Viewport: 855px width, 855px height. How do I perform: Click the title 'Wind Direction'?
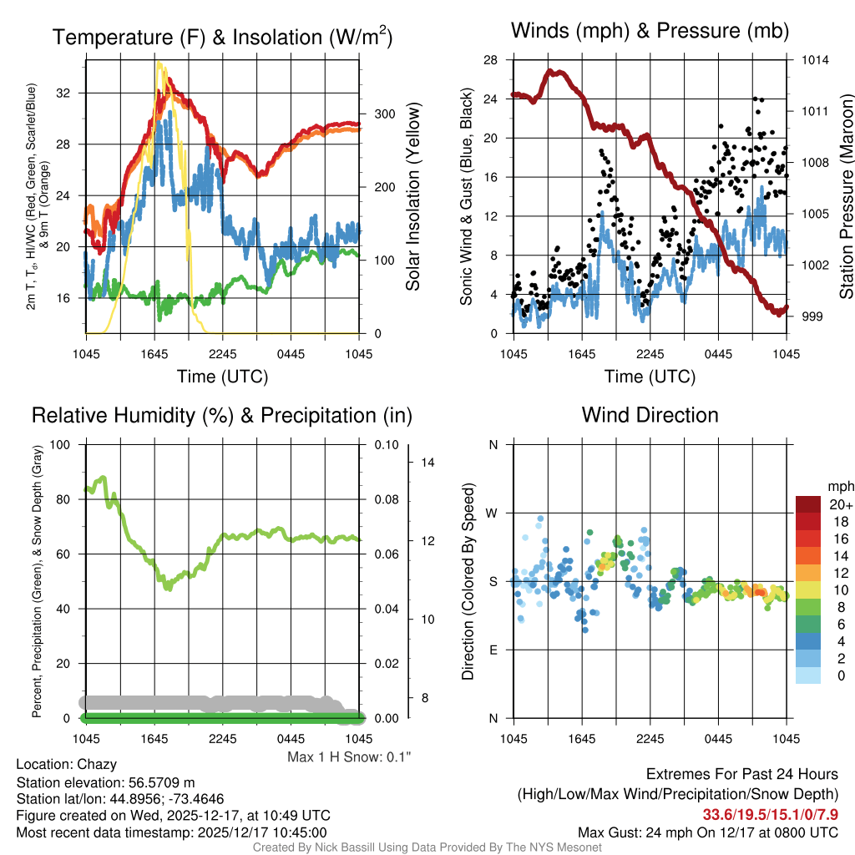pyautogui.click(x=650, y=415)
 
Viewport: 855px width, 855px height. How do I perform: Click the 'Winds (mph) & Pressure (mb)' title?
pyautogui.click(x=650, y=32)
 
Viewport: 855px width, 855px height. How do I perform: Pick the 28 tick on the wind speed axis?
pyautogui.click(x=490, y=60)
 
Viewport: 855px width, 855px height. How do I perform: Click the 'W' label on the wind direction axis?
pyautogui.click(x=493, y=513)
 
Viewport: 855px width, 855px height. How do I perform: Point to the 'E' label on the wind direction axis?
pyautogui.click(x=493, y=650)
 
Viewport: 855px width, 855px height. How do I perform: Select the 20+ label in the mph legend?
pyautogui.click(x=840, y=504)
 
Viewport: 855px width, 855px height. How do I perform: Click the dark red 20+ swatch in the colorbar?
pyautogui.click(x=810, y=504)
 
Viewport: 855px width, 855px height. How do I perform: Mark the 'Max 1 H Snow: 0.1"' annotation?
pyautogui.click(x=349, y=756)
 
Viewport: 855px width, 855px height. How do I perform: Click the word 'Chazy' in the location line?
pyautogui.click(x=97, y=764)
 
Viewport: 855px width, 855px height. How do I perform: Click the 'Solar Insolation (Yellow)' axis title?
pyautogui.click(x=412, y=197)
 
